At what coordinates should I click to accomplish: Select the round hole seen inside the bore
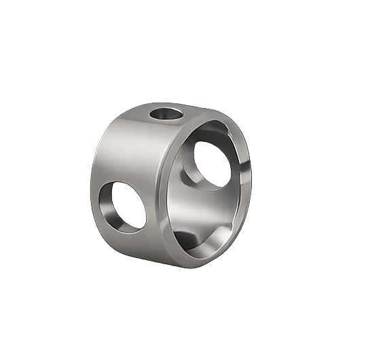click(x=211, y=162)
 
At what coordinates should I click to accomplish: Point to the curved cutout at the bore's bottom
click(x=204, y=241)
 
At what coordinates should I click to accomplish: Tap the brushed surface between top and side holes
click(x=136, y=149)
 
